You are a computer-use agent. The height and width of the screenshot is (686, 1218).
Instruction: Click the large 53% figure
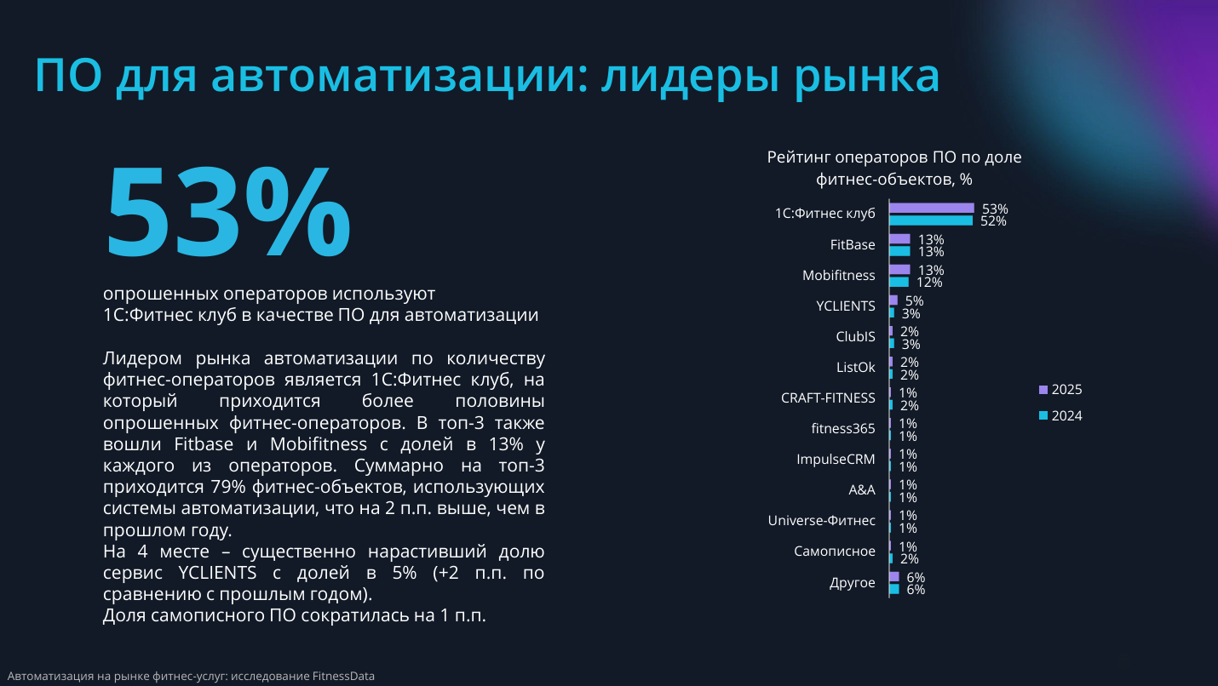coord(227,214)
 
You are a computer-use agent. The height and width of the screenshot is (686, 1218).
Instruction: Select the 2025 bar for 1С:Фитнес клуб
coord(931,208)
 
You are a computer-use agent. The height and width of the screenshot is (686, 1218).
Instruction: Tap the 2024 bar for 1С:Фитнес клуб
coord(930,220)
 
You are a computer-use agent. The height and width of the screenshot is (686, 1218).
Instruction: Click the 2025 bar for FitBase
coord(899,239)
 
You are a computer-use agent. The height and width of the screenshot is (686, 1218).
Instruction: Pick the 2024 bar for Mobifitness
coord(899,282)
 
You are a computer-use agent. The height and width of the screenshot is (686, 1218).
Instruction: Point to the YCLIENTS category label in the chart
coord(845,306)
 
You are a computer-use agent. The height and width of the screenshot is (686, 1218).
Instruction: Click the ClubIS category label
coord(855,336)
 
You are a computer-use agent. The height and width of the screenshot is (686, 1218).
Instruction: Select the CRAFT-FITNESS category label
coord(828,397)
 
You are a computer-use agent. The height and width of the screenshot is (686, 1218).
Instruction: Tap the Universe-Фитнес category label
coord(821,520)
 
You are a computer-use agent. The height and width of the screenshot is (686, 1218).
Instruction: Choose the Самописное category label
coord(834,551)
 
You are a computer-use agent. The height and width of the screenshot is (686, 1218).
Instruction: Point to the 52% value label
coord(993,221)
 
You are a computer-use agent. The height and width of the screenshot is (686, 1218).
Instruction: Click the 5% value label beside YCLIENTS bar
coord(914,300)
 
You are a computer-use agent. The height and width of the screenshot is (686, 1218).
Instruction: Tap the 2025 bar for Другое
coord(893,576)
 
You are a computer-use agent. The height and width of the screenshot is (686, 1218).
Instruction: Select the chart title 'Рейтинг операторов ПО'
coord(893,157)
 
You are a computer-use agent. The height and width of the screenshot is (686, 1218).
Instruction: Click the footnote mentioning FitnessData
coord(191,676)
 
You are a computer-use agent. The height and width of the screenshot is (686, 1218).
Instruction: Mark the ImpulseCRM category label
coord(835,459)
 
